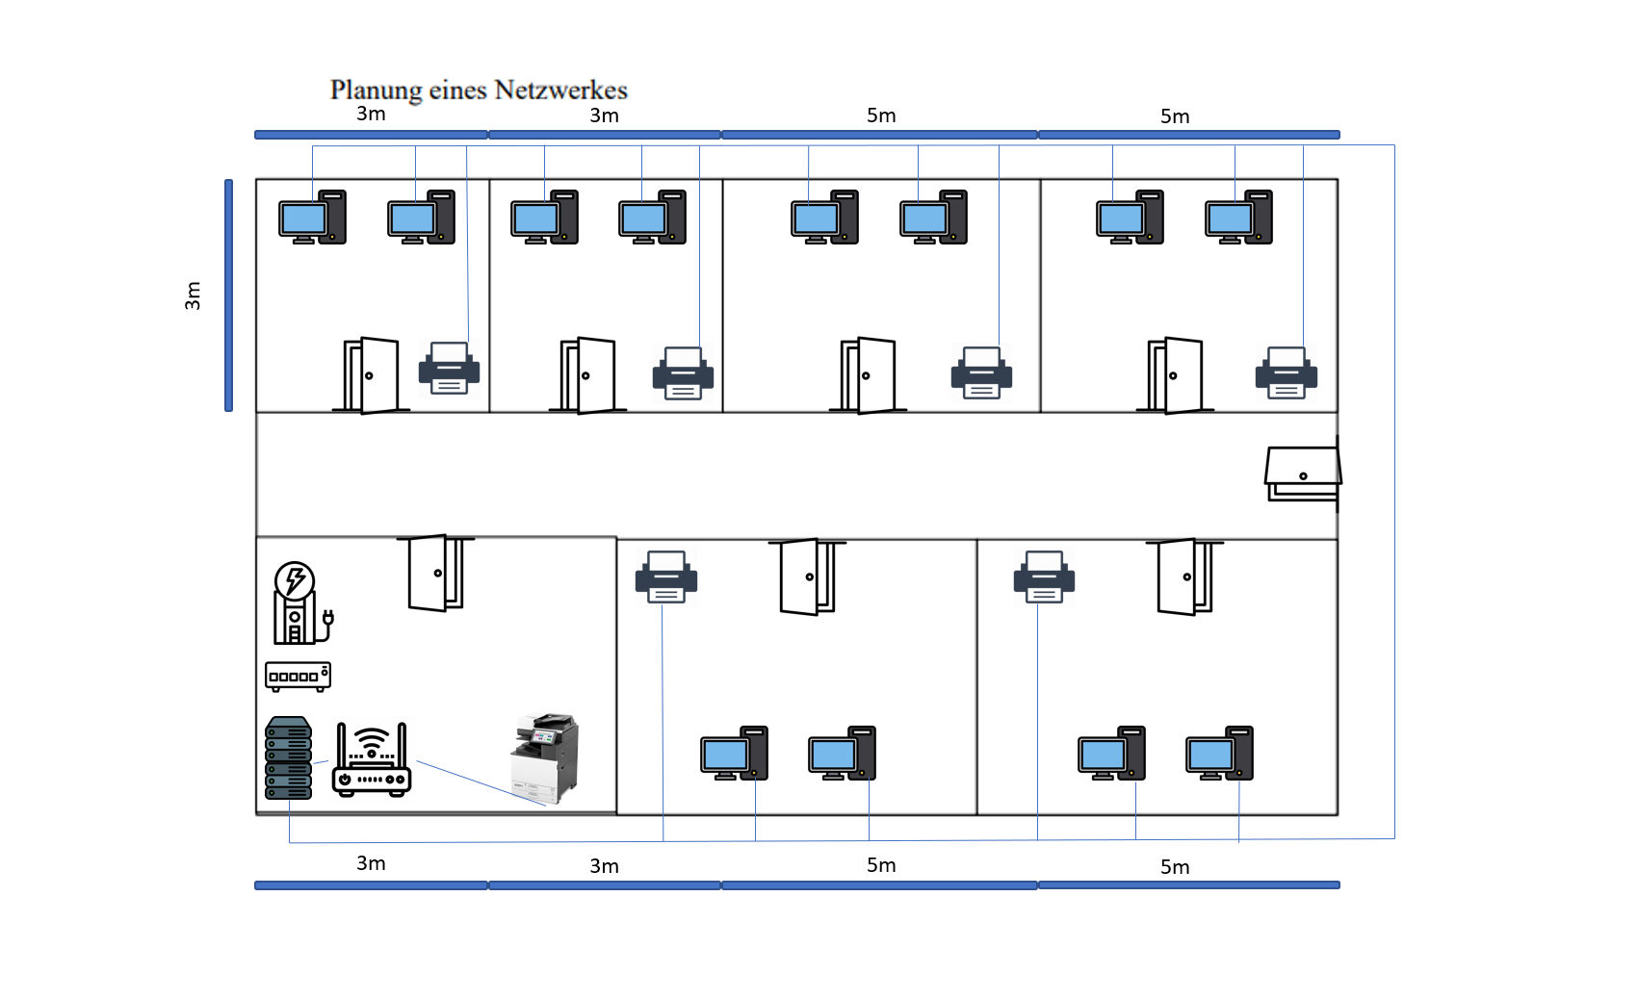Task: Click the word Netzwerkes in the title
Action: [x=560, y=90]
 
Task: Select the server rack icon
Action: [x=288, y=758]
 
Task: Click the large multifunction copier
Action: [x=545, y=758]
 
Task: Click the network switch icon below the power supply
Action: [x=298, y=676]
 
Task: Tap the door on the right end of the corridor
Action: [x=1303, y=474]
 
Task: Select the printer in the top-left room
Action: [x=449, y=369]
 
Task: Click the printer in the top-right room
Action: [x=1286, y=373]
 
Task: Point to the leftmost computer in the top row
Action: [x=312, y=218]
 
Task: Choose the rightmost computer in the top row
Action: [x=1238, y=218]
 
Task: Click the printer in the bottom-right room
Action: [x=1044, y=577]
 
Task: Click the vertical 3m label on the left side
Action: [x=193, y=295]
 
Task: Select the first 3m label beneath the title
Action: [x=371, y=114]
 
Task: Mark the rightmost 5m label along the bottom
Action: [x=1175, y=867]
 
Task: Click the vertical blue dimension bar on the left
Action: [x=229, y=295]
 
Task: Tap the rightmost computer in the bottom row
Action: [x=1219, y=754]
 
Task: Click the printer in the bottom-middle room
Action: [x=665, y=577]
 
